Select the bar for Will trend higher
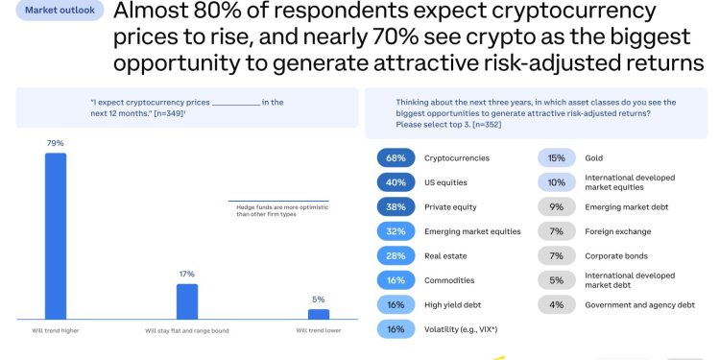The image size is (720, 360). coord(56,235)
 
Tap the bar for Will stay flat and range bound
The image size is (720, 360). coord(187,300)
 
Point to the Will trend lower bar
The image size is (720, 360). coord(319,313)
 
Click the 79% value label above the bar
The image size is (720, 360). coord(56,143)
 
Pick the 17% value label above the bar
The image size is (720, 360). coord(187,274)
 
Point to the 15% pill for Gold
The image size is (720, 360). coord(556,157)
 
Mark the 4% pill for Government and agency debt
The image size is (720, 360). coord(556,305)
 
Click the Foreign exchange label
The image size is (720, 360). coord(617,231)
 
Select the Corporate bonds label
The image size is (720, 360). coord(616,256)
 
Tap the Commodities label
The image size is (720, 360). coord(449,280)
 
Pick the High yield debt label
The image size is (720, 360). coord(453,305)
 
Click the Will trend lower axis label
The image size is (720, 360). coord(319,330)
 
